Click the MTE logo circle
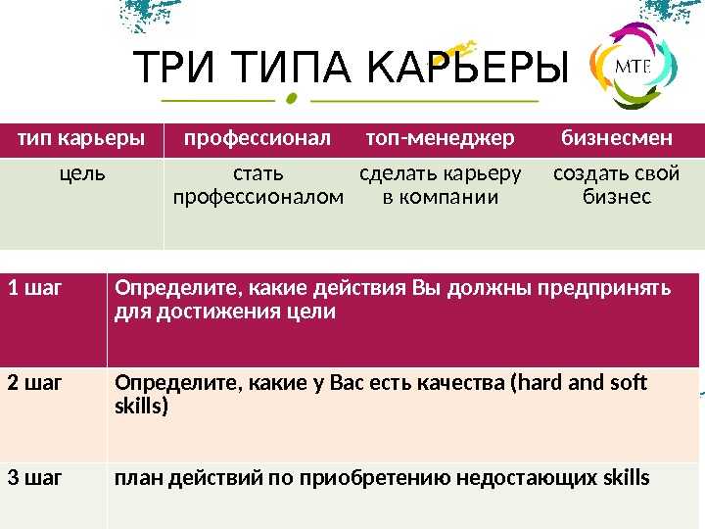(634, 66)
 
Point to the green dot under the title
(292, 99)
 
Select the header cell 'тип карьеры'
(81, 138)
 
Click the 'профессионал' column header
(258, 138)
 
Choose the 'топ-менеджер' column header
(441, 138)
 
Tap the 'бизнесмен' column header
(617, 138)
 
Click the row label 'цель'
(82, 174)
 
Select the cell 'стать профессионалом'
(258, 185)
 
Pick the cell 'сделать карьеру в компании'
(441, 185)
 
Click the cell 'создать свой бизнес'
(617, 185)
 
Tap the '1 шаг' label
(34, 288)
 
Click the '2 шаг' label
(34, 383)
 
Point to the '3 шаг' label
(34, 478)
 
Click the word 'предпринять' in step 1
(604, 289)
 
